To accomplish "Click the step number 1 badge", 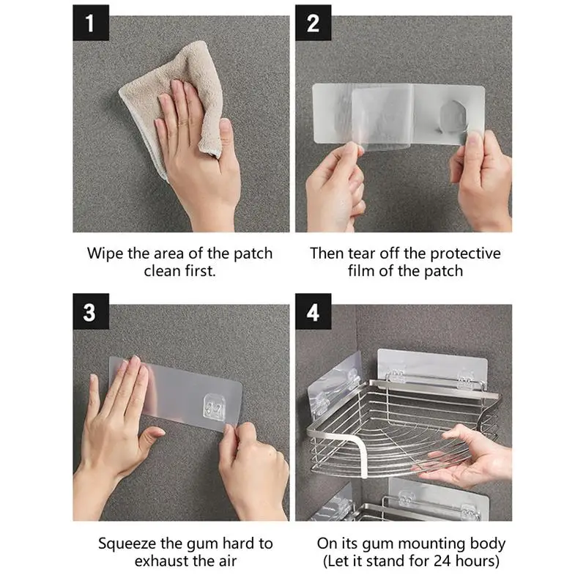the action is click(x=91, y=23).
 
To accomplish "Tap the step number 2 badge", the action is click(x=314, y=23).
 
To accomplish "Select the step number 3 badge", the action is click(x=91, y=312).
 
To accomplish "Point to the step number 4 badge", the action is click(x=314, y=312).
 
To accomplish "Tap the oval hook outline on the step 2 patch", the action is click(x=453, y=116).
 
